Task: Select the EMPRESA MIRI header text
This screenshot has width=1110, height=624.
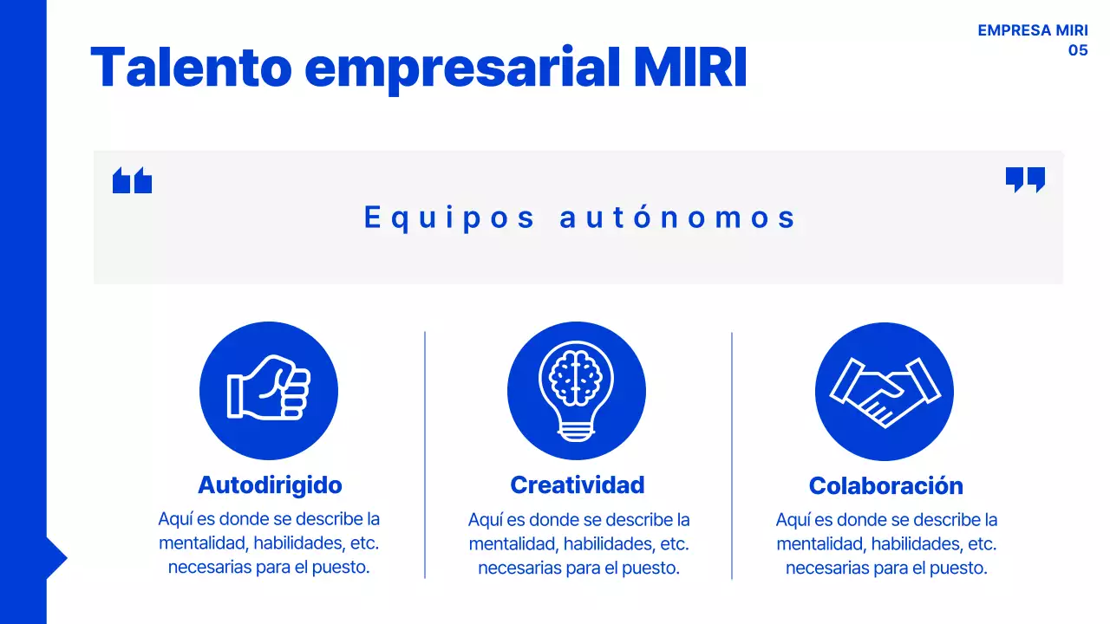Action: click(x=1032, y=30)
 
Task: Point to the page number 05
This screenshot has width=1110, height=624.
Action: click(x=1077, y=50)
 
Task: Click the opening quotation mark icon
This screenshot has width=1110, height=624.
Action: click(x=132, y=180)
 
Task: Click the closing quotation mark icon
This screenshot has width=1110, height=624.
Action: click(x=1025, y=179)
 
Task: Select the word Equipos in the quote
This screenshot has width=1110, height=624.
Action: click(x=449, y=218)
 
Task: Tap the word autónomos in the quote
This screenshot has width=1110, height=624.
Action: click(x=677, y=218)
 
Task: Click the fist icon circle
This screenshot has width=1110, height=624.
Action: click(x=269, y=391)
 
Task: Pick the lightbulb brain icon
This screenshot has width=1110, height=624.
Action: click(x=577, y=391)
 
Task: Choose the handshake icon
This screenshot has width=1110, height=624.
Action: click(x=885, y=392)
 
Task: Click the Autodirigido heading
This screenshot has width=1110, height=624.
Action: click(x=270, y=484)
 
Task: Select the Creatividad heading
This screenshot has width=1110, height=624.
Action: click(x=578, y=484)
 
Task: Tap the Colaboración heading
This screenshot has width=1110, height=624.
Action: click(x=885, y=485)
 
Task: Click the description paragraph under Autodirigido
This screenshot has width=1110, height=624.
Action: click(x=269, y=543)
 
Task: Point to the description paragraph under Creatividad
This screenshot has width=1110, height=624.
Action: click(x=578, y=544)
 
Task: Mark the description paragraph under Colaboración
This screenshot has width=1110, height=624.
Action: click(x=886, y=544)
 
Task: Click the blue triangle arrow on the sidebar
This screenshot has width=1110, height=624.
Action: click(x=55, y=558)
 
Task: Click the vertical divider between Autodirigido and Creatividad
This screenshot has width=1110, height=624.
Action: click(x=425, y=454)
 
